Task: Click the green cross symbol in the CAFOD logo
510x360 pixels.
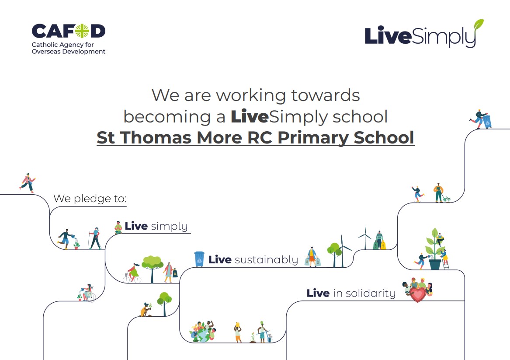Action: (82, 31)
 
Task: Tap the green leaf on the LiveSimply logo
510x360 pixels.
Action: (479, 25)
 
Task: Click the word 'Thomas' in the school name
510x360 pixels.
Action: (156, 137)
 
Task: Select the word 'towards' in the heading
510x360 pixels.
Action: (325, 95)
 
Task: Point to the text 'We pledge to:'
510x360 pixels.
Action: (90, 199)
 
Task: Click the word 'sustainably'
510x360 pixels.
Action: (266, 260)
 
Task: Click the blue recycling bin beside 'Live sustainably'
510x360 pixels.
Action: (199, 259)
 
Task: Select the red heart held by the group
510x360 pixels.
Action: (418, 295)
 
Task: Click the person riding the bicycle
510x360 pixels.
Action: (133, 273)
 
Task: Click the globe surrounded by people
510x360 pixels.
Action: (203, 332)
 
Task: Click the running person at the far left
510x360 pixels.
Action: (28, 182)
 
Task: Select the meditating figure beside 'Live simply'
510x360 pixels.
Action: (118, 227)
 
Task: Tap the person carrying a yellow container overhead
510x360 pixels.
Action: (238, 332)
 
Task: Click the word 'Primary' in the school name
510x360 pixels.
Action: (313, 138)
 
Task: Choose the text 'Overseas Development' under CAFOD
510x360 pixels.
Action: (68, 52)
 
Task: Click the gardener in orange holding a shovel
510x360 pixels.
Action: (439, 193)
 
